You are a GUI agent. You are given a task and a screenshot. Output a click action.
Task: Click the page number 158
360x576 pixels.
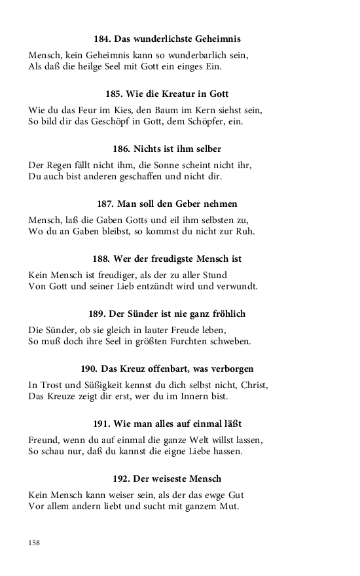[x=34, y=543]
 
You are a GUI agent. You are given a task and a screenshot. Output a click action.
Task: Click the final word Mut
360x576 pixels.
[x=231, y=507]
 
